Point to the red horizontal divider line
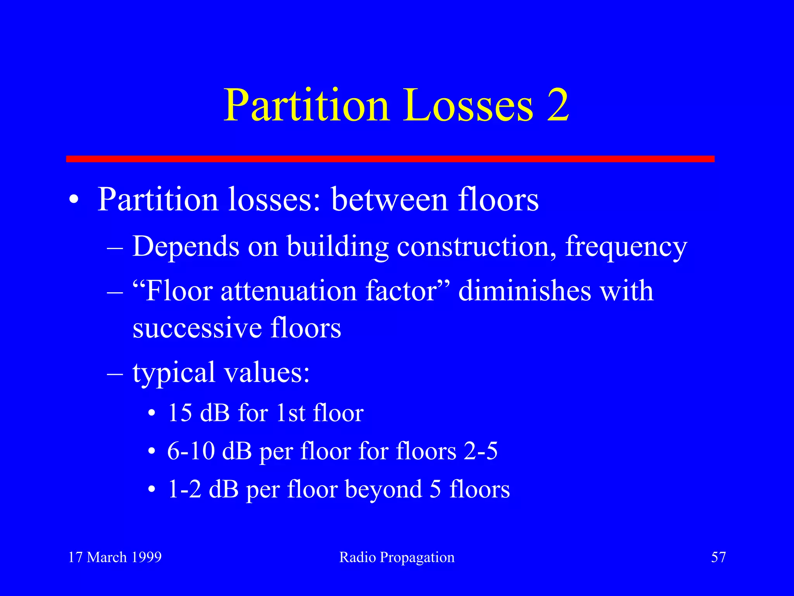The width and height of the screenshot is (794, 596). (390, 159)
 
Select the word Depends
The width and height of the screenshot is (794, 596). (186, 247)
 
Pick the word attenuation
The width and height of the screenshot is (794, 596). (288, 291)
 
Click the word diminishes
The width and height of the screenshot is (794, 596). (525, 291)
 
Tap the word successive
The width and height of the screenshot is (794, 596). (197, 328)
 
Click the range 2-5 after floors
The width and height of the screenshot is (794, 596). (481, 451)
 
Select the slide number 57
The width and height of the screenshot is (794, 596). (718, 557)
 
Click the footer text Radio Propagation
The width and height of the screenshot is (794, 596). (397, 558)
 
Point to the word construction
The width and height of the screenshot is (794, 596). (476, 247)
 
